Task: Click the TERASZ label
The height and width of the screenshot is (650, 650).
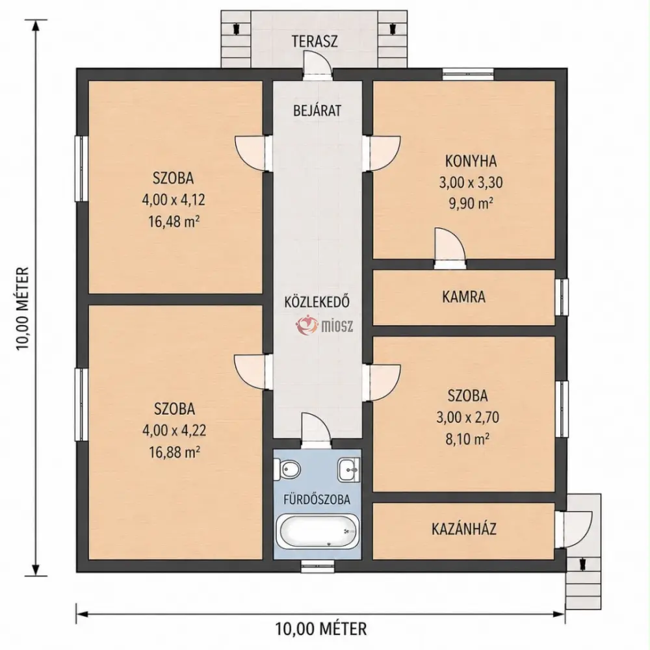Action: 315,42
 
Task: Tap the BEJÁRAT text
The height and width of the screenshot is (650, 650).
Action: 317,110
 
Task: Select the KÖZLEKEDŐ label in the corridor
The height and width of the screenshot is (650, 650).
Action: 317,302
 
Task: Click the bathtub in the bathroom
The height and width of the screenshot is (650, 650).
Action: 317,531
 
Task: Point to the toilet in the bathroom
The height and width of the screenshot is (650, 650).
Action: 289,470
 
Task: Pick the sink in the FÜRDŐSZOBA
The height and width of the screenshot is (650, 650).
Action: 349,470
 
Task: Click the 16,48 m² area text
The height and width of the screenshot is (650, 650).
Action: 174,222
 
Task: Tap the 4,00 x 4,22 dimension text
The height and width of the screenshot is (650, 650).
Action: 174,430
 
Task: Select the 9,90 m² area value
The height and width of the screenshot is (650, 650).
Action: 471,203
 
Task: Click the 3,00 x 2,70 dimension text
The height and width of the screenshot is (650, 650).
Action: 467,417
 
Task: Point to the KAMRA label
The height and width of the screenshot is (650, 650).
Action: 463,297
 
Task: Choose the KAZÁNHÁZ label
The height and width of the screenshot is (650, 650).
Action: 464,529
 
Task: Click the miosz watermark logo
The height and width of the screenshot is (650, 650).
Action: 324,326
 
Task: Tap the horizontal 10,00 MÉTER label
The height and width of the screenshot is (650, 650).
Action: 321,629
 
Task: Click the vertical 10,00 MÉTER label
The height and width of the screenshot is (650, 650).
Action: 23,308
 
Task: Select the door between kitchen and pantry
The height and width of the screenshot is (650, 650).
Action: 450,248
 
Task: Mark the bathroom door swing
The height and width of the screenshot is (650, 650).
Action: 316,430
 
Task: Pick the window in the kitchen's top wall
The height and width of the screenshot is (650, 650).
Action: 468,74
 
